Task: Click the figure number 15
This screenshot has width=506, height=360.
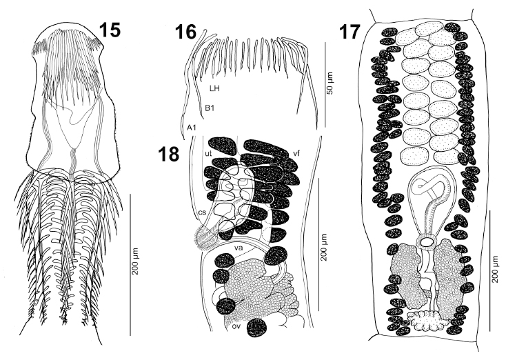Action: (110, 30)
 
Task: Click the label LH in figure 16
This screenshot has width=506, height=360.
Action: (214, 88)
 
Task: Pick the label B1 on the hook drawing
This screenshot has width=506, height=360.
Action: (210, 108)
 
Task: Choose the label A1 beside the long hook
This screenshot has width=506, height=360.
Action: (192, 128)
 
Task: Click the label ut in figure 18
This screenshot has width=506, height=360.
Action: (208, 153)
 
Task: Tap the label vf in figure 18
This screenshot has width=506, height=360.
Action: (296, 153)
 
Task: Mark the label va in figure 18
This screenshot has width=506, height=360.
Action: (239, 248)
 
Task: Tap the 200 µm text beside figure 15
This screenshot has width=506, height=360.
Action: (136, 261)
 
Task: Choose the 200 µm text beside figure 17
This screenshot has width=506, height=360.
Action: (495, 269)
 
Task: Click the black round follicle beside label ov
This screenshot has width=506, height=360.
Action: (257, 328)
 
